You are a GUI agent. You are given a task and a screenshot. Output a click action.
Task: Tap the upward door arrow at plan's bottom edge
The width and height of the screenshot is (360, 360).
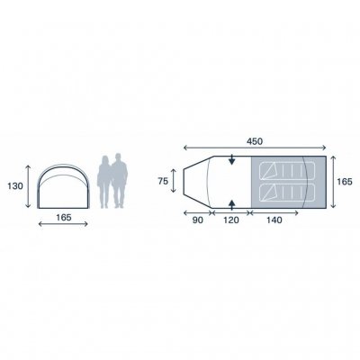[232, 199]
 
